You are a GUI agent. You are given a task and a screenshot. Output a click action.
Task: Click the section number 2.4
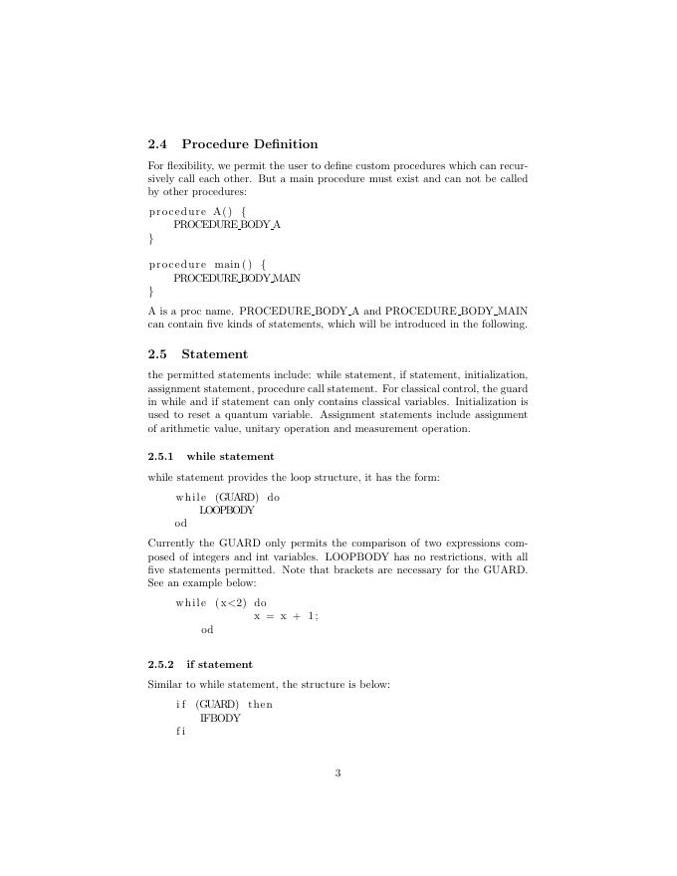[157, 144]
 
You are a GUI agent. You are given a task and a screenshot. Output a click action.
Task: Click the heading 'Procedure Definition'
[250, 144]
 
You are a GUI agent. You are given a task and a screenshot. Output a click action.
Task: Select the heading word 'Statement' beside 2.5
[214, 354]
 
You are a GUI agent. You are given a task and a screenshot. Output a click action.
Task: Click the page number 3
[338, 773]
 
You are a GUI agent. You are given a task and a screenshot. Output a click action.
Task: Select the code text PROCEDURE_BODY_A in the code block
[227, 225]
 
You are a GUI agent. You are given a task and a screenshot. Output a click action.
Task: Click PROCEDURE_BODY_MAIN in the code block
[237, 278]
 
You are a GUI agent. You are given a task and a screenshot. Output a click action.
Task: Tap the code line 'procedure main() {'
[207, 265]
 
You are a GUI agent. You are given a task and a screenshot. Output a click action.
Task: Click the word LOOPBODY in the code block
[227, 510]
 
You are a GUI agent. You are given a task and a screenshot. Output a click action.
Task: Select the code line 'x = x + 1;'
[286, 616]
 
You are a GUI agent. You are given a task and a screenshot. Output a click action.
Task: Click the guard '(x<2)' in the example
[230, 603]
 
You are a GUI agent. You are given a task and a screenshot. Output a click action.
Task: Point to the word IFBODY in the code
[220, 718]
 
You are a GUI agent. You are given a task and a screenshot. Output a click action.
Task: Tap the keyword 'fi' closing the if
[180, 731]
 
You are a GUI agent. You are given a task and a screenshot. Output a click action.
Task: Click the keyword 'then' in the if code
[260, 705]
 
